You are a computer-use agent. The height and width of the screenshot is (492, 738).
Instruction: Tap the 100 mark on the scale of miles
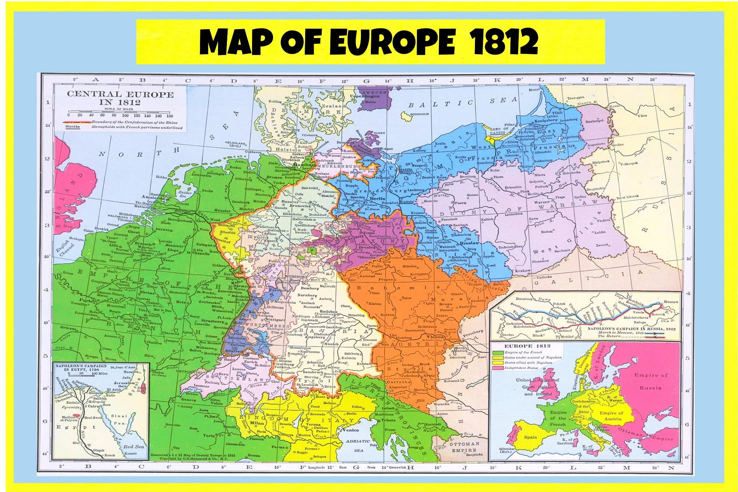pos(126,116)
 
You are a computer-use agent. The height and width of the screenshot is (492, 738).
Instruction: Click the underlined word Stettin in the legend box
pos(72,127)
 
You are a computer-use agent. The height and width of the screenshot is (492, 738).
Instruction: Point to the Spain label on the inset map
pos(530,437)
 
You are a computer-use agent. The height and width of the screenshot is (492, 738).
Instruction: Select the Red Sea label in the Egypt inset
pos(134,446)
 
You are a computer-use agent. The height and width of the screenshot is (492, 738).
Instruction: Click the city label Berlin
pos(377,198)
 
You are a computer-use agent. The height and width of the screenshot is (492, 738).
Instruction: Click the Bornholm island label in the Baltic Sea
pos(420,114)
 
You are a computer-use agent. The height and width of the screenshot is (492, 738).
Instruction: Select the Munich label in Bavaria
pos(331,344)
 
